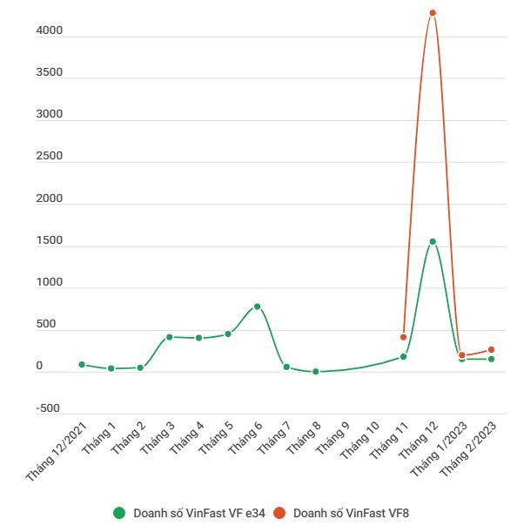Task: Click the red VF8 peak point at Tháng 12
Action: tap(433, 13)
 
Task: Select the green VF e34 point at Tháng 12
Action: tap(433, 241)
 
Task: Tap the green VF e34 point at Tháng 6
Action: tap(257, 307)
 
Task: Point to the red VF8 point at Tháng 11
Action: tap(403, 337)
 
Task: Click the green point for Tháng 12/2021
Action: tap(82, 365)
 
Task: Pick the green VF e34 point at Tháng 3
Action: tap(170, 337)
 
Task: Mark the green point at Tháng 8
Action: tap(315, 372)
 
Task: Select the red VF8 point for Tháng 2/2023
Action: tap(491, 349)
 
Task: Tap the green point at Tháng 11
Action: tap(403, 356)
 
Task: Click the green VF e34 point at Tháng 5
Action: tap(228, 334)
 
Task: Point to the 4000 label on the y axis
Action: tap(50, 30)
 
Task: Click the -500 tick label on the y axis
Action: tap(48, 408)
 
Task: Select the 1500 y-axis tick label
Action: tap(50, 240)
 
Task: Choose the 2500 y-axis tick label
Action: tap(50, 156)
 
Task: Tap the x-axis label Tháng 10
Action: tap(359, 440)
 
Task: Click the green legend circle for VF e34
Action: tap(119, 513)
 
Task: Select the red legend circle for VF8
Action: tap(279, 513)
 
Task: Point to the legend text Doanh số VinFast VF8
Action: tap(351, 513)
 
